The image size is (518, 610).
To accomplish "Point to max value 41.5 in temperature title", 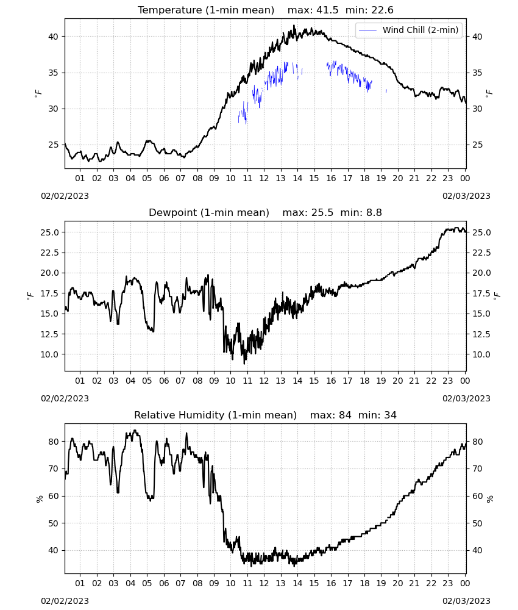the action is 327,10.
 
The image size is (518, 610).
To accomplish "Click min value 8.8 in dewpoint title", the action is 374,212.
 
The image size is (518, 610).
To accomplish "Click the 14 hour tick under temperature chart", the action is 297,178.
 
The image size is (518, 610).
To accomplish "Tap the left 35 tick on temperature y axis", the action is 53,73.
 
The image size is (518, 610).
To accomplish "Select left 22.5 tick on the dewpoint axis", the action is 50,253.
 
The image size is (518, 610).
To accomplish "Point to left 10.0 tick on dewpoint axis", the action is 50,354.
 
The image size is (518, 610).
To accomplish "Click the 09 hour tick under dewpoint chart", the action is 214,381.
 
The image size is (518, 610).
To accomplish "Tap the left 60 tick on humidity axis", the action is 53,496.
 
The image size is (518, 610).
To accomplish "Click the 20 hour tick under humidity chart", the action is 397,584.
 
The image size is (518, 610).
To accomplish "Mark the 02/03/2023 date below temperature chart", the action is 466,196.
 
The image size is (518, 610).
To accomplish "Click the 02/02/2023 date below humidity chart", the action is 65,601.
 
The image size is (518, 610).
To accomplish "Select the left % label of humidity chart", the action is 39,499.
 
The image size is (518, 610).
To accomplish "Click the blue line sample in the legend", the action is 367,30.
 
